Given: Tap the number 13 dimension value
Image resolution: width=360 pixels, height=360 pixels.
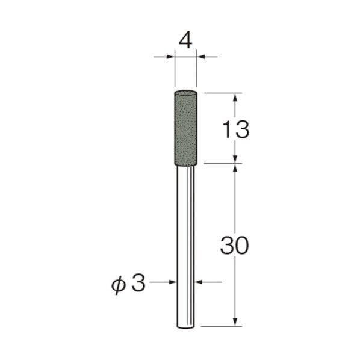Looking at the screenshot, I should coord(234,129).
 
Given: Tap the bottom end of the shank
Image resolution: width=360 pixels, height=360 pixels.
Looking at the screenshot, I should coord(185,326).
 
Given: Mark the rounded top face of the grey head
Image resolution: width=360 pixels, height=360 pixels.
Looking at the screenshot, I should coord(185,92).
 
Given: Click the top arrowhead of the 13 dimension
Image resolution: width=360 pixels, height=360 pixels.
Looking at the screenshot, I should coord(235,97).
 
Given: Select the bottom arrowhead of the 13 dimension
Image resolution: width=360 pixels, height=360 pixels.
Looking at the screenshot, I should coord(235,158).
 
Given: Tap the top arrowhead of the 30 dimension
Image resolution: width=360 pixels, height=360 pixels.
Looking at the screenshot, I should coord(235,167).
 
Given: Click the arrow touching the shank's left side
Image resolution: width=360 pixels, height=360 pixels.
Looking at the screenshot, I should coord(173,281).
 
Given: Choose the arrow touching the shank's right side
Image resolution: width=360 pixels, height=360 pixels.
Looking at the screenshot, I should coord(199,281).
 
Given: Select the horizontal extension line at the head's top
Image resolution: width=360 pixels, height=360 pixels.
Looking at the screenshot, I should coord(223,93).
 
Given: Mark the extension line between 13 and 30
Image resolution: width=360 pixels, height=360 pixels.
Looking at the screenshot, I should coord(223,163).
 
